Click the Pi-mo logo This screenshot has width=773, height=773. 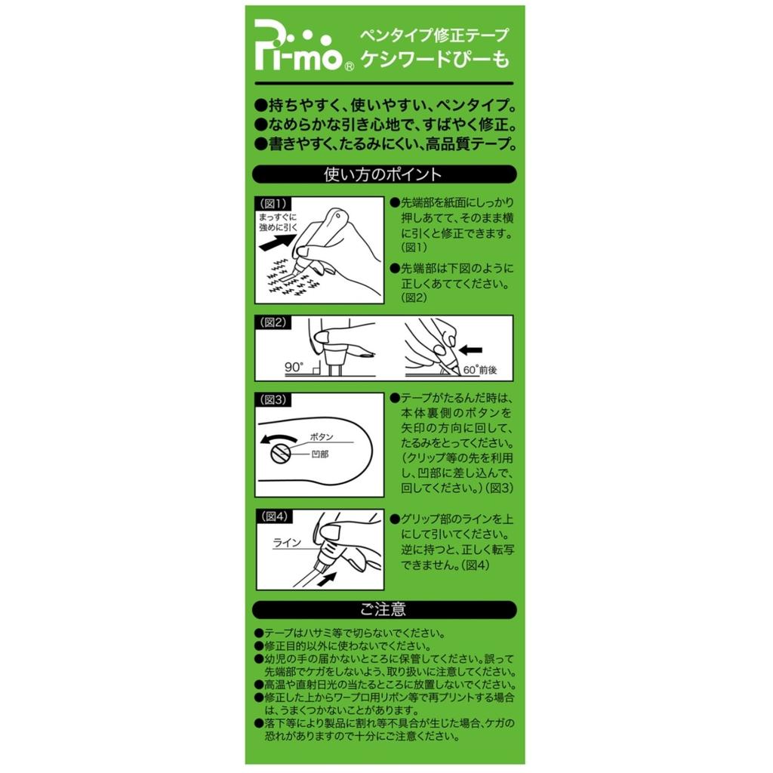click(x=298, y=45)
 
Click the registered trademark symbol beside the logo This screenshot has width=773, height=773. click(x=349, y=66)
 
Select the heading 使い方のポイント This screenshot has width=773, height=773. click(x=383, y=174)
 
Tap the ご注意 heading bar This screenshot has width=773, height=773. click(x=384, y=610)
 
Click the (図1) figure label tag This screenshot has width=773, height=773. click(x=273, y=203)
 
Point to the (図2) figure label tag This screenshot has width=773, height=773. click(x=273, y=322)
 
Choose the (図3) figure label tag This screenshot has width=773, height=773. click(x=273, y=399)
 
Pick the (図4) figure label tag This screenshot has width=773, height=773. click(x=273, y=516)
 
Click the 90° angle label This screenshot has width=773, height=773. click(x=294, y=368)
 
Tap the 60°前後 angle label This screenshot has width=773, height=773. click(x=479, y=370)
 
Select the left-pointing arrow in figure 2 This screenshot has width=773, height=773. click(x=470, y=350)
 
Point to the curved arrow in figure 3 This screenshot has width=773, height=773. click(x=278, y=438)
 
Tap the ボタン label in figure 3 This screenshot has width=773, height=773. click(x=322, y=437)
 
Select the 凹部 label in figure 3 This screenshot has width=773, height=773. click(x=319, y=454)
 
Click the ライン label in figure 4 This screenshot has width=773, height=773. click(x=287, y=543)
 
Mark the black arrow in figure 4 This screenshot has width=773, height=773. click(x=327, y=579)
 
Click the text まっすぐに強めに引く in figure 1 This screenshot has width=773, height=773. click(x=278, y=222)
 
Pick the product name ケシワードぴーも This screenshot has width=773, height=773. click(x=436, y=59)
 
